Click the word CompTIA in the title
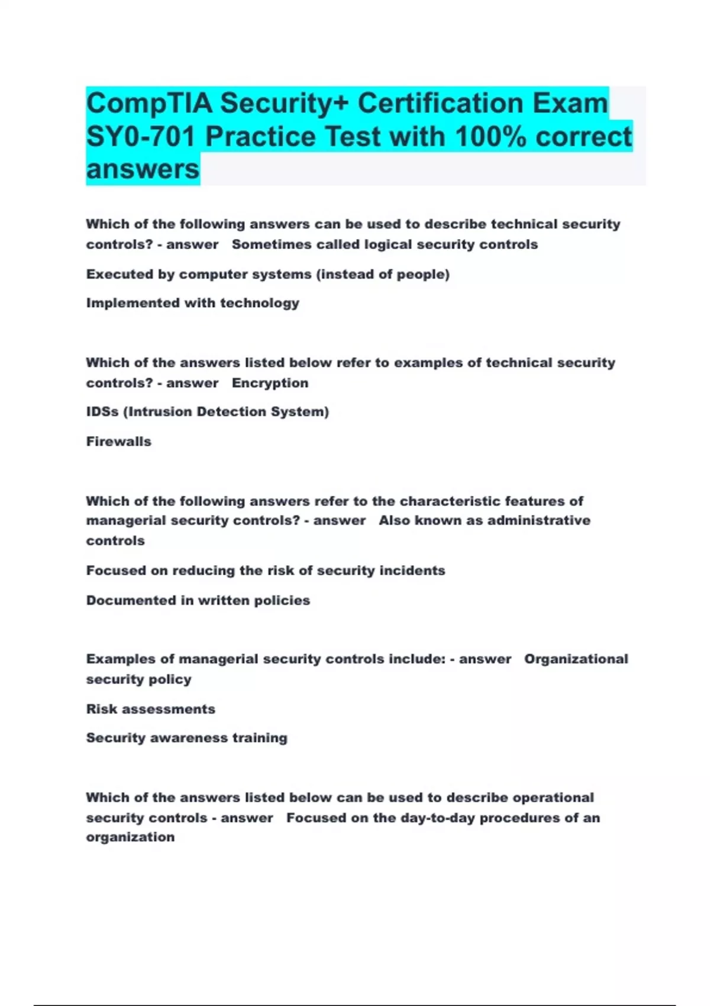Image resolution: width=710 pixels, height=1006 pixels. (149, 104)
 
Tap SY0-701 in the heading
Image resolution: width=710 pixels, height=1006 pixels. (141, 137)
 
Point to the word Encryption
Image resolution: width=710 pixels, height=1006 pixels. (270, 383)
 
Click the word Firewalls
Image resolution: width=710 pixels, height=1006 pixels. (118, 441)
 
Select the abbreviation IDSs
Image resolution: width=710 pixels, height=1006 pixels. (102, 412)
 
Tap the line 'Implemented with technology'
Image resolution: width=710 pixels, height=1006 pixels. (192, 303)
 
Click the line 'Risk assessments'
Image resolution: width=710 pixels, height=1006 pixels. (150, 709)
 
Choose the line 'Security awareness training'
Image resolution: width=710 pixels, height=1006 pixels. (186, 738)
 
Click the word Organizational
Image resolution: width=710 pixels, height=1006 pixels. (576, 659)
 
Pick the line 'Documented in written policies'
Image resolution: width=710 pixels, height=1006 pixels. (198, 601)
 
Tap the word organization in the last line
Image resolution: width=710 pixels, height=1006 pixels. (130, 837)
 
